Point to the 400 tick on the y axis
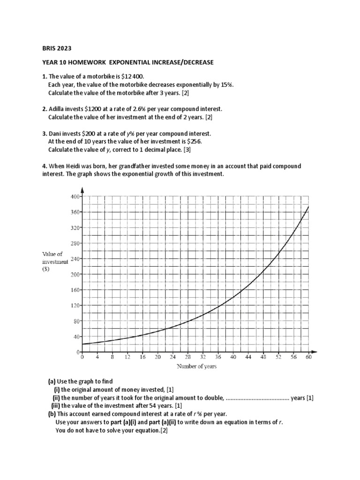coord(75,196)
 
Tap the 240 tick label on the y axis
coord(75,259)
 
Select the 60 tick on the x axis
coord(309,358)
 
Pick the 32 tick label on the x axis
coord(203,358)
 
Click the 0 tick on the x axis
coord(82,358)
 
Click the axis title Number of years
coord(196,367)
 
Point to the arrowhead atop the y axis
coord(82,190)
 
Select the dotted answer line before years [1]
coord(257,398)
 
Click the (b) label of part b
coord(52,414)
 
